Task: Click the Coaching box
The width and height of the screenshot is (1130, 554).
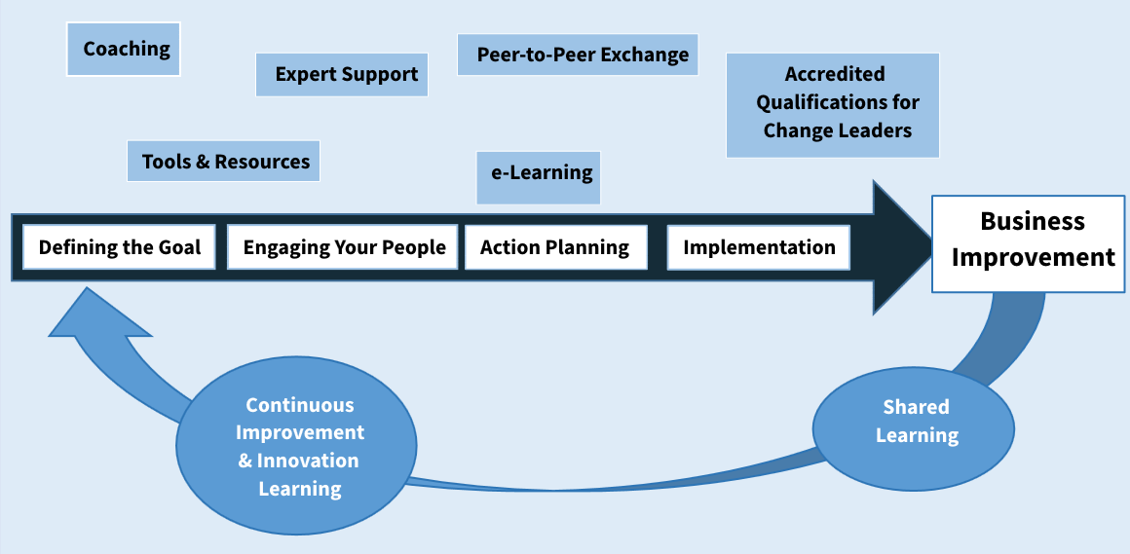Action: pyautogui.click(x=124, y=49)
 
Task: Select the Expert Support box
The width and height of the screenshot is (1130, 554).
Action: pyautogui.click(x=342, y=74)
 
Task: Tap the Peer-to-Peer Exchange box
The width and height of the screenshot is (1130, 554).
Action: pyautogui.click(x=578, y=55)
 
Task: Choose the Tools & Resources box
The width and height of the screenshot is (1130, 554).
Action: pyautogui.click(x=223, y=161)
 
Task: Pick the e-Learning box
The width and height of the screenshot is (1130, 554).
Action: pyautogui.click(x=539, y=177)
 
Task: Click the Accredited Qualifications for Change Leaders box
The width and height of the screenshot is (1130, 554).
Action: pyautogui.click(x=832, y=104)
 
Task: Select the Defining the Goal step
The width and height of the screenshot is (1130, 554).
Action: pyautogui.click(x=119, y=247)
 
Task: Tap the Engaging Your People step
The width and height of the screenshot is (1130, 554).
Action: pyautogui.click(x=342, y=247)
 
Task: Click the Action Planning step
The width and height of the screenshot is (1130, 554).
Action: pyautogui.click(x=555, y=247)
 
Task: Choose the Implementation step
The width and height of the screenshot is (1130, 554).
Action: pyautogui.click(x=759, y=247)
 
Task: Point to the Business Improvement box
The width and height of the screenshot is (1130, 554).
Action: pyautogui.click(x=1028, y=243)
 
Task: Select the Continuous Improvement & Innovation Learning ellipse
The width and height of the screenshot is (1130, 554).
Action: pyautogui.click(x=297, y=447)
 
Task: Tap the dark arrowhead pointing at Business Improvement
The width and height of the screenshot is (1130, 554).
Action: pyautogui.click(x=902, y=247)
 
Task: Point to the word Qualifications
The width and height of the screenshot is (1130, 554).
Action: pyautogui.click(x=837, y=102)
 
